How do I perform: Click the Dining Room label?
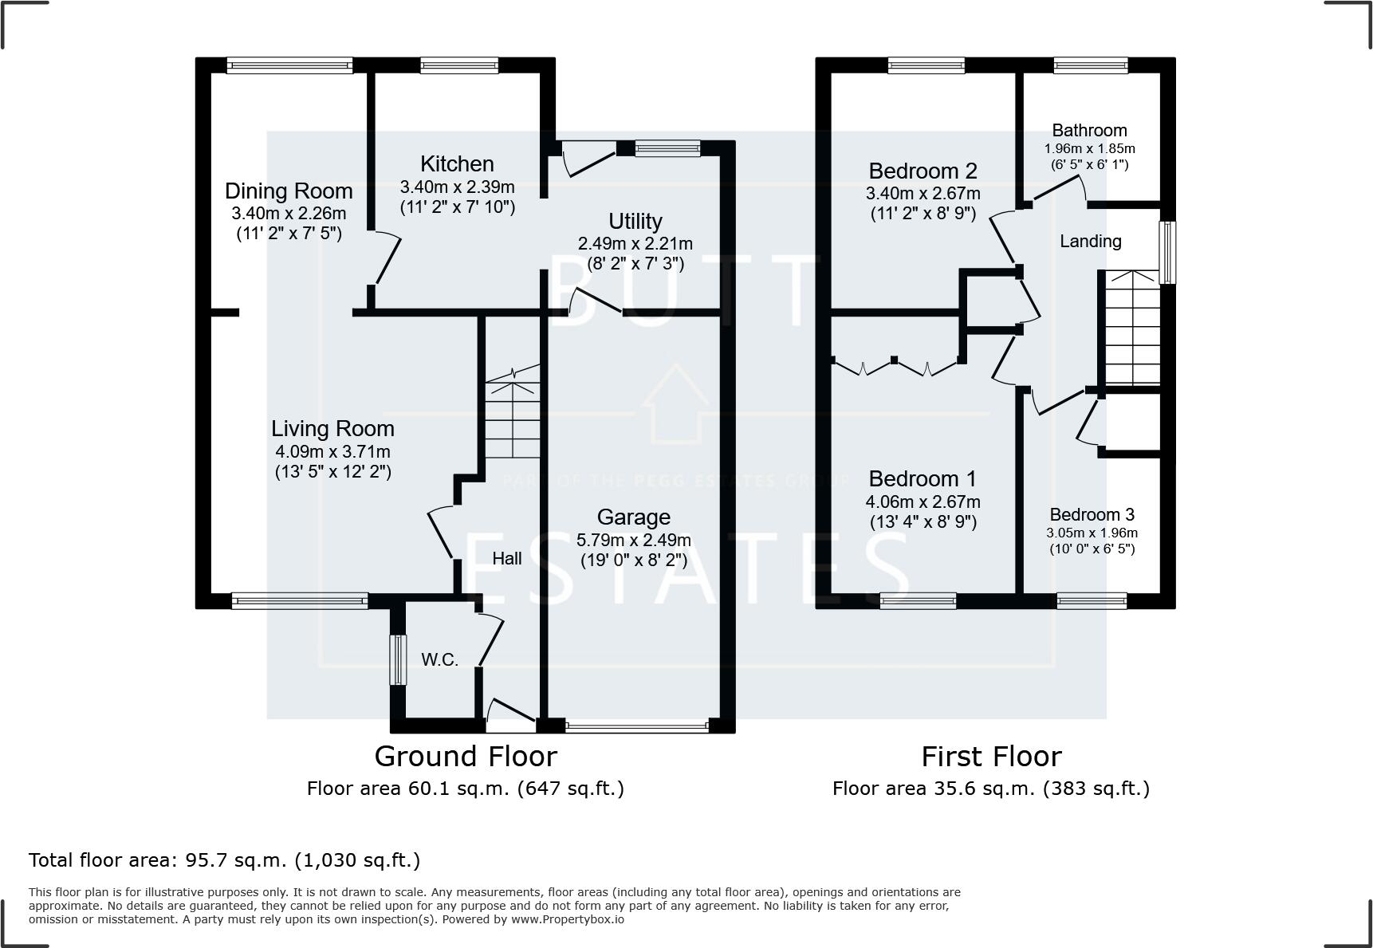click(x=289, y=191)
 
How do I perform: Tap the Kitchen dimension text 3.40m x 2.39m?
click(x=457, y=187)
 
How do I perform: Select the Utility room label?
click(x=635, y=222)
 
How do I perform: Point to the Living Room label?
click(x=332, y=429)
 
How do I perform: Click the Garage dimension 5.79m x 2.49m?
click(x=634, y=540)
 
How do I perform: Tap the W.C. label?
click(x=440, y=660)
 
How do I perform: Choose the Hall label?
click(x=507, y=559)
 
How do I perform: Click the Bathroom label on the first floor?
click(x=1089, y=131)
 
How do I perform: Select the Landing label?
click(x=1091, y=241)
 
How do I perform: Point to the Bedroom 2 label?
click(x=923, y=171)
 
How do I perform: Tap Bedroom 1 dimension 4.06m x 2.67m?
click(x=923, y=502)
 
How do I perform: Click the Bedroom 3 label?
click(x=1092, y=515)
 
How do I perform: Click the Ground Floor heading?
click(x=466, y=756)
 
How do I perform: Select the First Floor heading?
click(x=991, y=756)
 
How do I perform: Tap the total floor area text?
click(x=224, y=860)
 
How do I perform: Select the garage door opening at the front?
click(x=636, y=726)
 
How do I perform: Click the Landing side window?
click(x=1167, y=253)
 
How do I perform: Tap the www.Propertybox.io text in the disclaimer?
click(x=568, y=919)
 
